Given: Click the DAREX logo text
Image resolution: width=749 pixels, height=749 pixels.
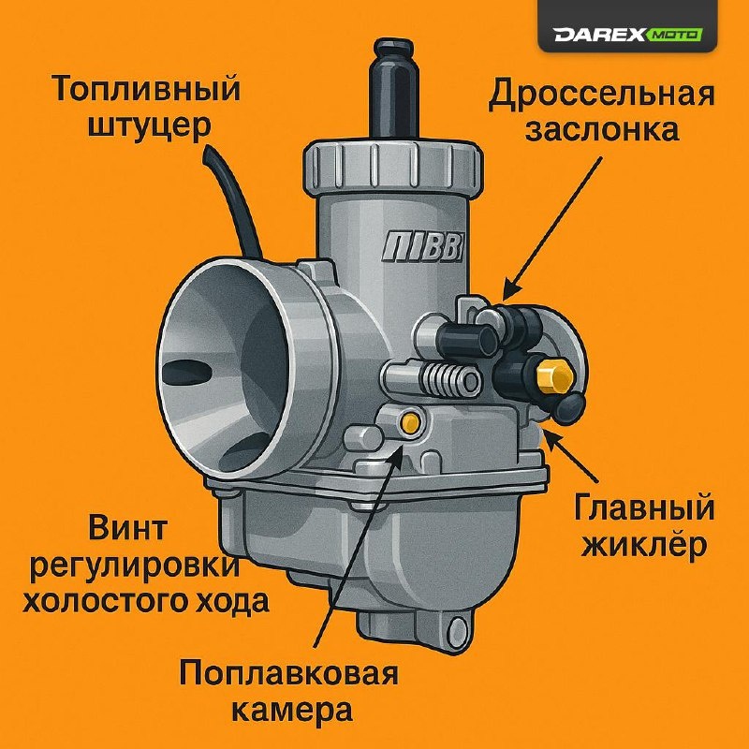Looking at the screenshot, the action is click(599, 35).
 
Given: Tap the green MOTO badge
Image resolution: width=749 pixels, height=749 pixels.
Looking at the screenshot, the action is click(674, 35).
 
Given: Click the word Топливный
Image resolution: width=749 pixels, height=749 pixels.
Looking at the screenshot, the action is click(146, 89).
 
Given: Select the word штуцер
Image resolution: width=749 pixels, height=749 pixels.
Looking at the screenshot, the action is click(150, 126).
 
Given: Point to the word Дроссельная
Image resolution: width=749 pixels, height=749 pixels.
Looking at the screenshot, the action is click(601, 95).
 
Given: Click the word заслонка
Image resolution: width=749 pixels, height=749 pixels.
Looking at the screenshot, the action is click(602, 129).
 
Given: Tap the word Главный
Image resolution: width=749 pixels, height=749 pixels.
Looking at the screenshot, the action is click(644, 508).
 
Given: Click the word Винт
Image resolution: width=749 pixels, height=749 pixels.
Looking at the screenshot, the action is click(128, 528).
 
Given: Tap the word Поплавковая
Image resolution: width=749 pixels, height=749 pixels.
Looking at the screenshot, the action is click(288, 674).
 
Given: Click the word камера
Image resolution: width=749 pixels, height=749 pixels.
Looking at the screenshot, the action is click(292, 712).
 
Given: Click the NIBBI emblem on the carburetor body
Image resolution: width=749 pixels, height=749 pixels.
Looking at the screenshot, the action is click(423, 247).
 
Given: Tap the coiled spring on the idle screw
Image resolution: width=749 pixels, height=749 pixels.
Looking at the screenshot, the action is click(443, 379).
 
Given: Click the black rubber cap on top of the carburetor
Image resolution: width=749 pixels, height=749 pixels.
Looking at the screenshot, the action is click(393, 88).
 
